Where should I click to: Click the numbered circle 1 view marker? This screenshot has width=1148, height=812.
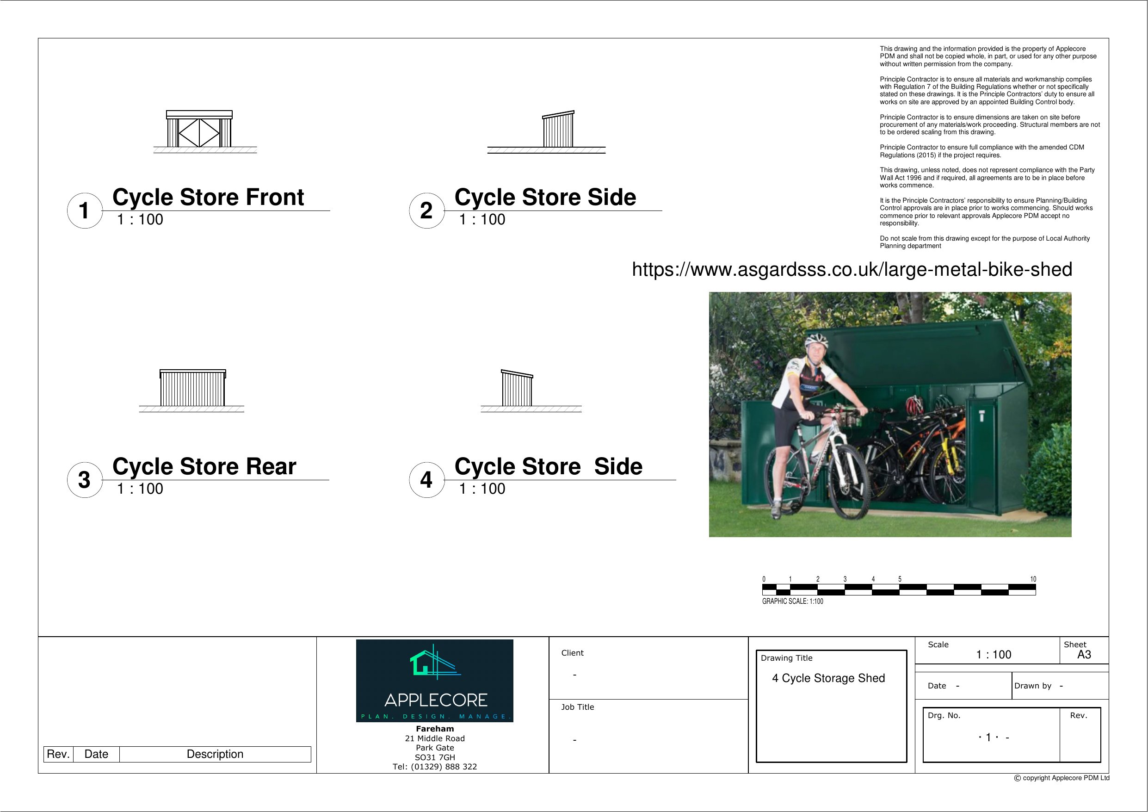click(85, 211)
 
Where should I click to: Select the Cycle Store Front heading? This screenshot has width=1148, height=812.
click(208, 197)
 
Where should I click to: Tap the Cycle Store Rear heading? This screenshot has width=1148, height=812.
click(204, 466)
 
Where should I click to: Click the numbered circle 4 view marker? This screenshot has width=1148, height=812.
click(426, 480)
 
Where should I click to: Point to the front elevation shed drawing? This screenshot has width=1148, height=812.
click(199, 130)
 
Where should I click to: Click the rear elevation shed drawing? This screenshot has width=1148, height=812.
click(192, 388)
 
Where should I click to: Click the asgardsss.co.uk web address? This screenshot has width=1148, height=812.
click(852, 269)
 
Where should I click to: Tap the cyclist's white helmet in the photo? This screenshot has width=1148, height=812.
click(816, 342)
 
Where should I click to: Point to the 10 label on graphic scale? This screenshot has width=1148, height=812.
click(1033, 579)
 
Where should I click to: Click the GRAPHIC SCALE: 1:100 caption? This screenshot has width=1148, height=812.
click(792, 601)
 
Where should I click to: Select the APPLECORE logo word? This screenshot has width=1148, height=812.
click(436, 700)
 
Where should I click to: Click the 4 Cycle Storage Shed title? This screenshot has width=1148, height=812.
click(828, 678)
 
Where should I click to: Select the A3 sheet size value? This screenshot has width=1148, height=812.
click(1084, 654)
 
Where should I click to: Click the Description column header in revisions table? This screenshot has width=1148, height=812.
click(215, 754)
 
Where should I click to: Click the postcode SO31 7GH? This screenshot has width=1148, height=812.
click(434, 757)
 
